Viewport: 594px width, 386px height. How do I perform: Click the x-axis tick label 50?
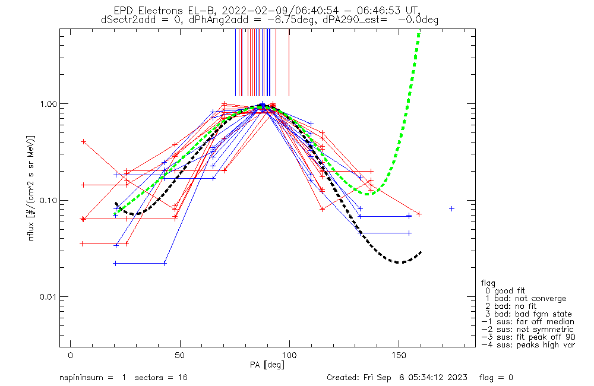pos(180,356)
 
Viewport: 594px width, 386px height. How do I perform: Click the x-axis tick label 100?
pos(289,356)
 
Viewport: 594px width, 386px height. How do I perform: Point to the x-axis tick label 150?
pos(399,356)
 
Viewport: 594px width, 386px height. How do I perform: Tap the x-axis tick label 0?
pos(71,356)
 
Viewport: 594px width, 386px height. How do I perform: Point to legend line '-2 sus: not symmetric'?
pos(527,330)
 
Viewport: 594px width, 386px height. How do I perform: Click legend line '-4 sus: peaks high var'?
pos(527,345)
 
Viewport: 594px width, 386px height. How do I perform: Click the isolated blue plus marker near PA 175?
pos(452,208)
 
